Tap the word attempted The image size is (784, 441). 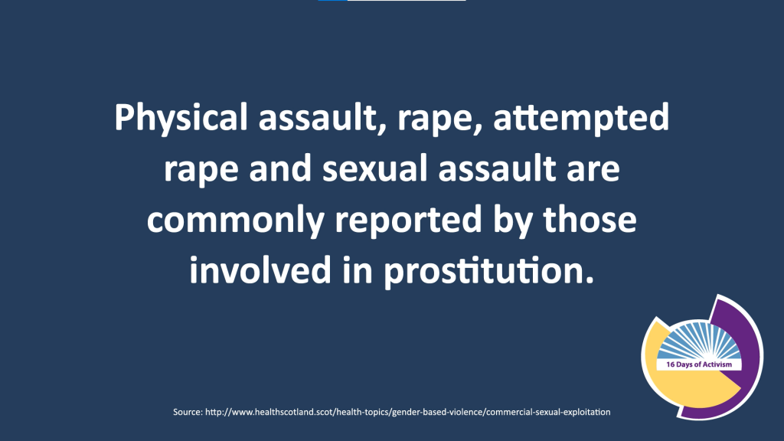pos(581,118)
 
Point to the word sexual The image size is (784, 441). pos(374,168)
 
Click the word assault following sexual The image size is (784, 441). pos(497,168)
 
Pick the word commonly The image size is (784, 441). pos(236,220)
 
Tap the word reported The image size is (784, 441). pos(409,220)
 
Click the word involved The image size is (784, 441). pos(260,270)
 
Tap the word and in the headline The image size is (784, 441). pos(280,168)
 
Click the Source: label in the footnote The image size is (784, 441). pos(188,412)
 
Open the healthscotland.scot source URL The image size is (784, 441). pos(408,412)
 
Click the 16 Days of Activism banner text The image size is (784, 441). pos(698,364)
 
